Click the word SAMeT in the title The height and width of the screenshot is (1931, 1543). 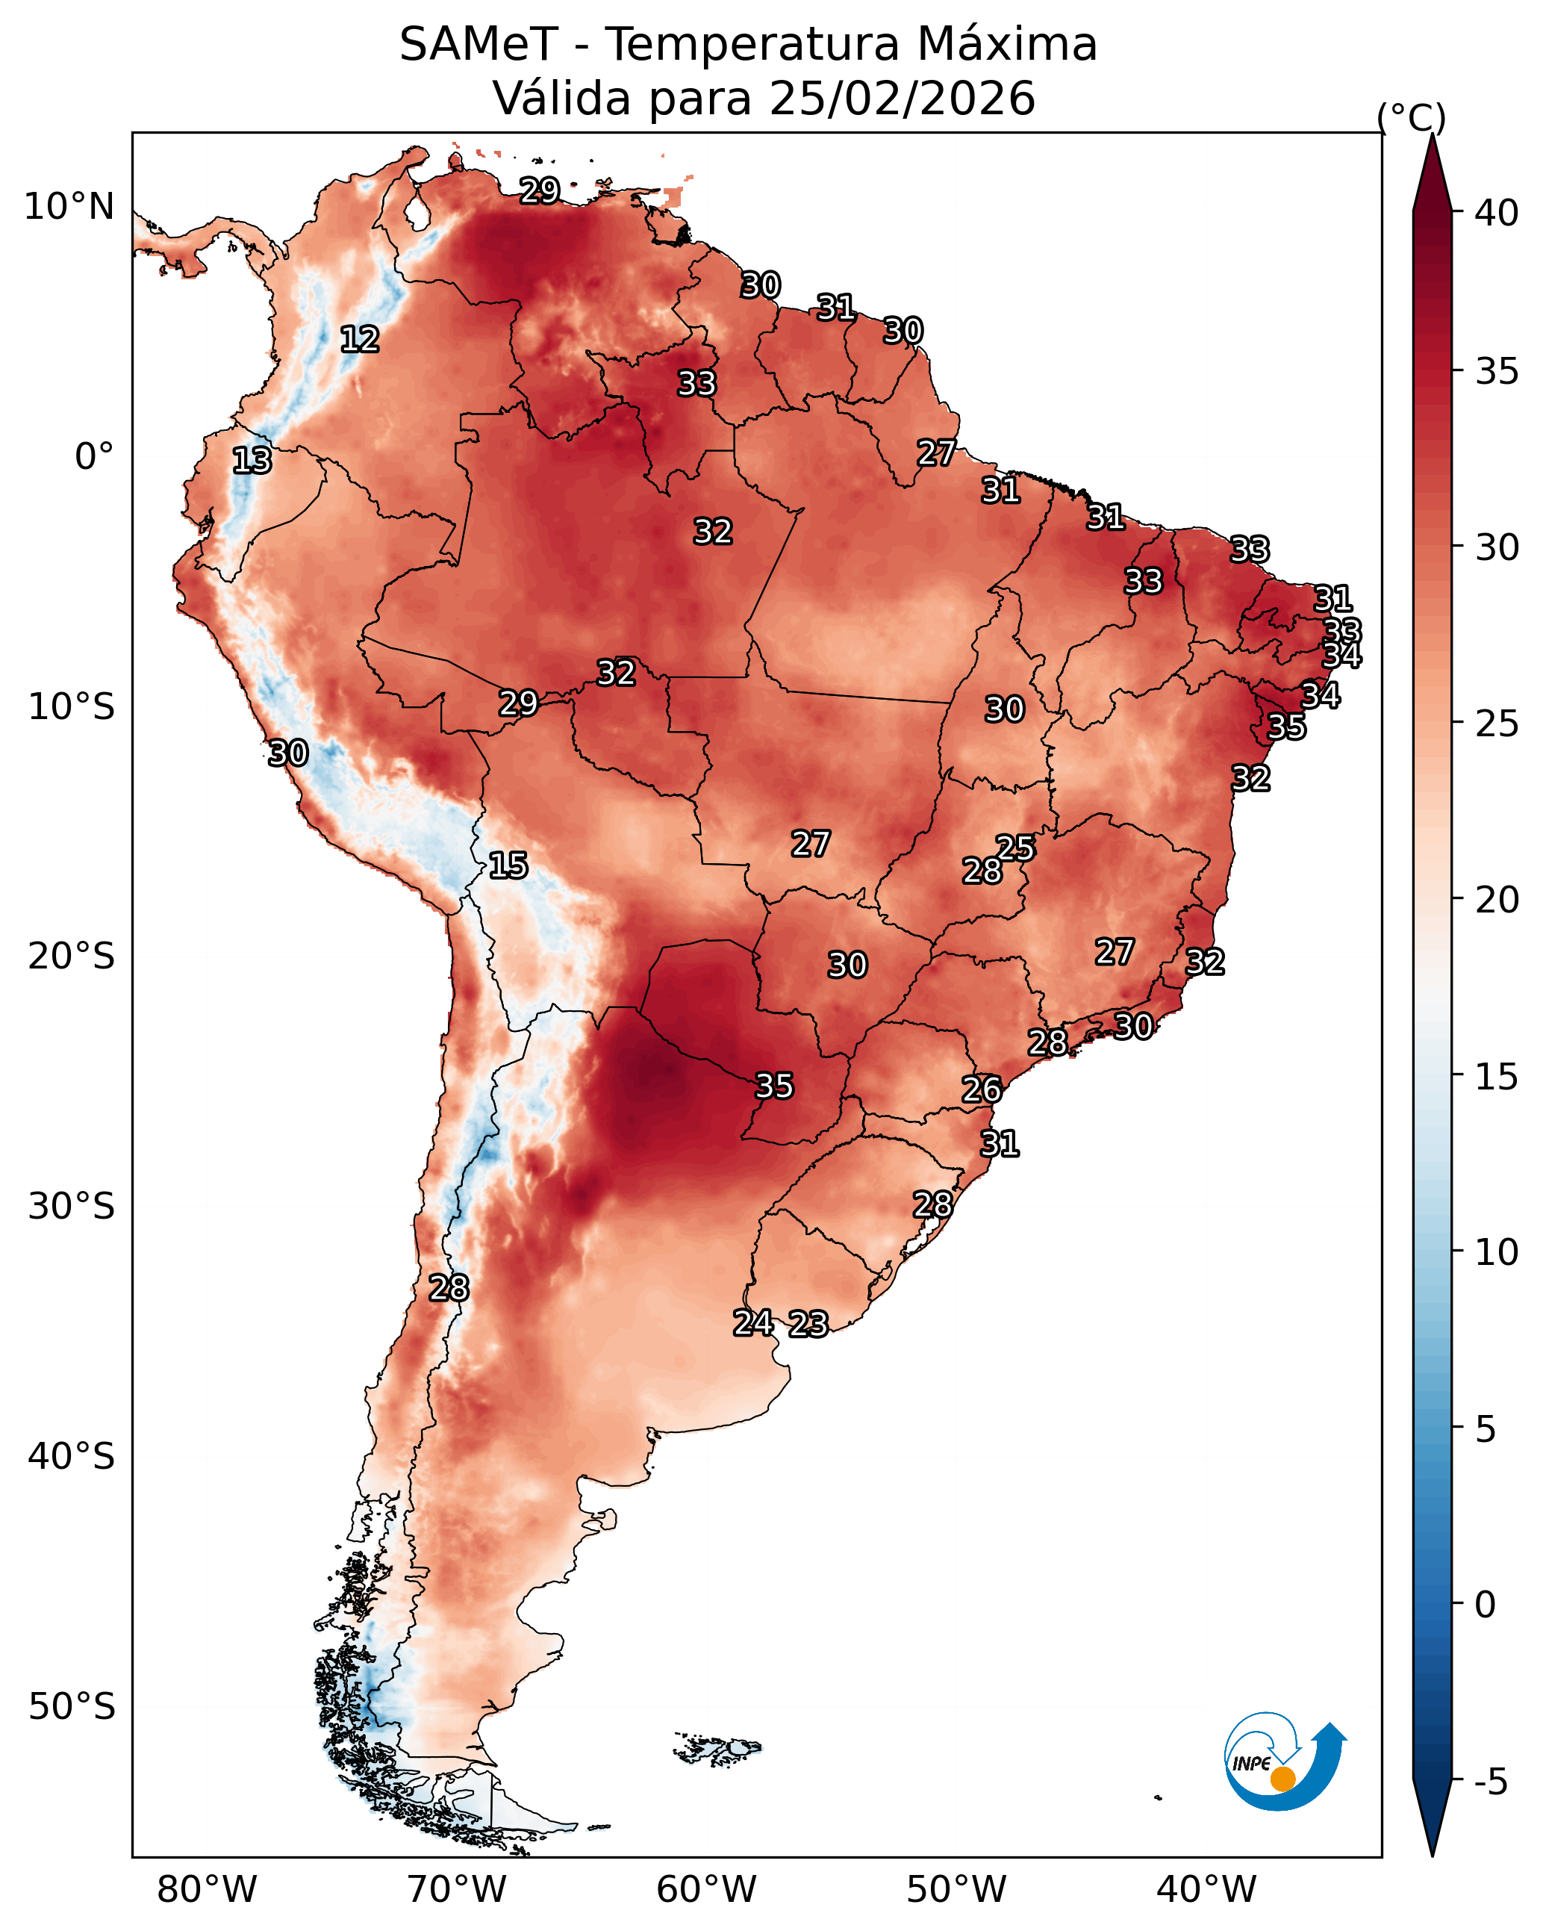coord(479,45)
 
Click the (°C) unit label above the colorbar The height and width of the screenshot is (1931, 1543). coord(1410,117)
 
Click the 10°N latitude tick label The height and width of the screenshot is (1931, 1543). coord(69,207)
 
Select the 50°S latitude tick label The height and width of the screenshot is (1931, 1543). coord(71,1707)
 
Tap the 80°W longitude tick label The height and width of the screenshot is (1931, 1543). coord(207,1889)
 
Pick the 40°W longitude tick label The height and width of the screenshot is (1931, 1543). coord(1206,1889)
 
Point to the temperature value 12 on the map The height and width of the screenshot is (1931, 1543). coord(360,340)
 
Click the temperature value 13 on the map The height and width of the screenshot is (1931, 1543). coord(252,461)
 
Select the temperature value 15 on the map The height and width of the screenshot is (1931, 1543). coord(508,865)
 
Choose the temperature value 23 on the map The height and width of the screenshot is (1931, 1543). coord(808,1324)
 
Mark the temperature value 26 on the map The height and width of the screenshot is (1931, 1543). coord(982,1089)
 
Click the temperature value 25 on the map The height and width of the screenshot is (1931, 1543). coord(1015,848)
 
